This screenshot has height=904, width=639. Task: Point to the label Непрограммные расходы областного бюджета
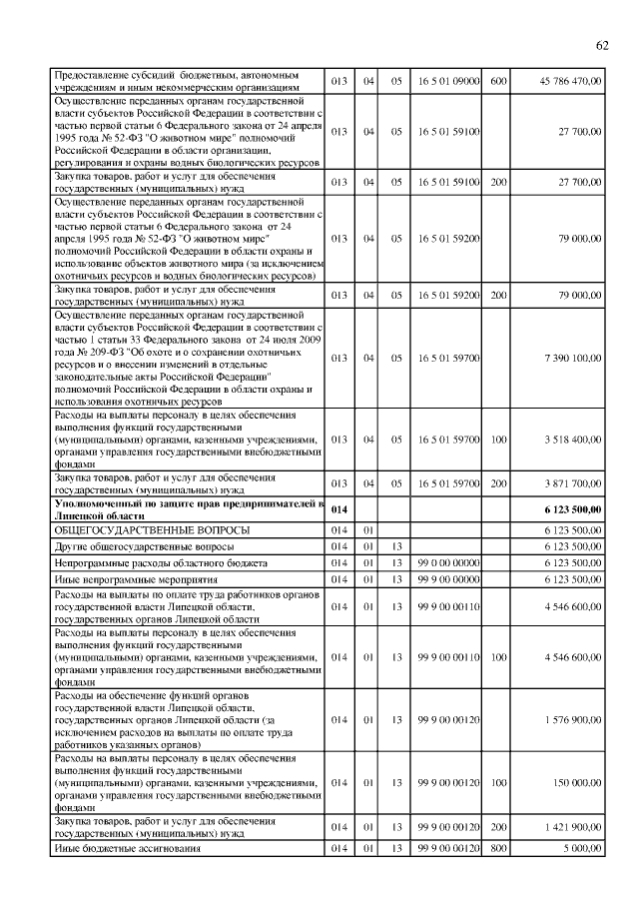161,563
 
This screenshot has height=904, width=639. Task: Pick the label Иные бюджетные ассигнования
128,849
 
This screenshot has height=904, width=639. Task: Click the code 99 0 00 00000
449,563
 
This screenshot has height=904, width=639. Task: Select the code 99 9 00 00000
449,579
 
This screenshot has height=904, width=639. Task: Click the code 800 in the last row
499,849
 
